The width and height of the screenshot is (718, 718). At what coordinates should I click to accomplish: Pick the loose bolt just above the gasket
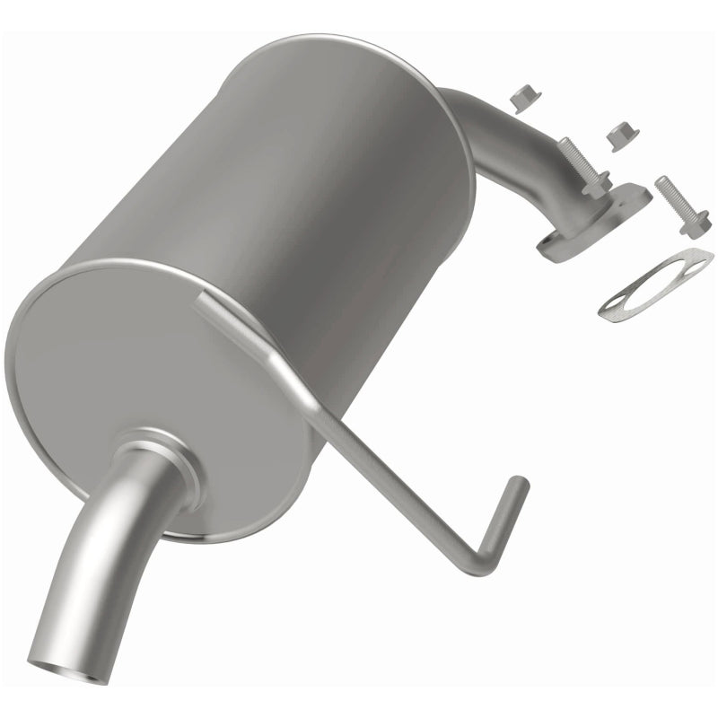click(682, 204)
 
